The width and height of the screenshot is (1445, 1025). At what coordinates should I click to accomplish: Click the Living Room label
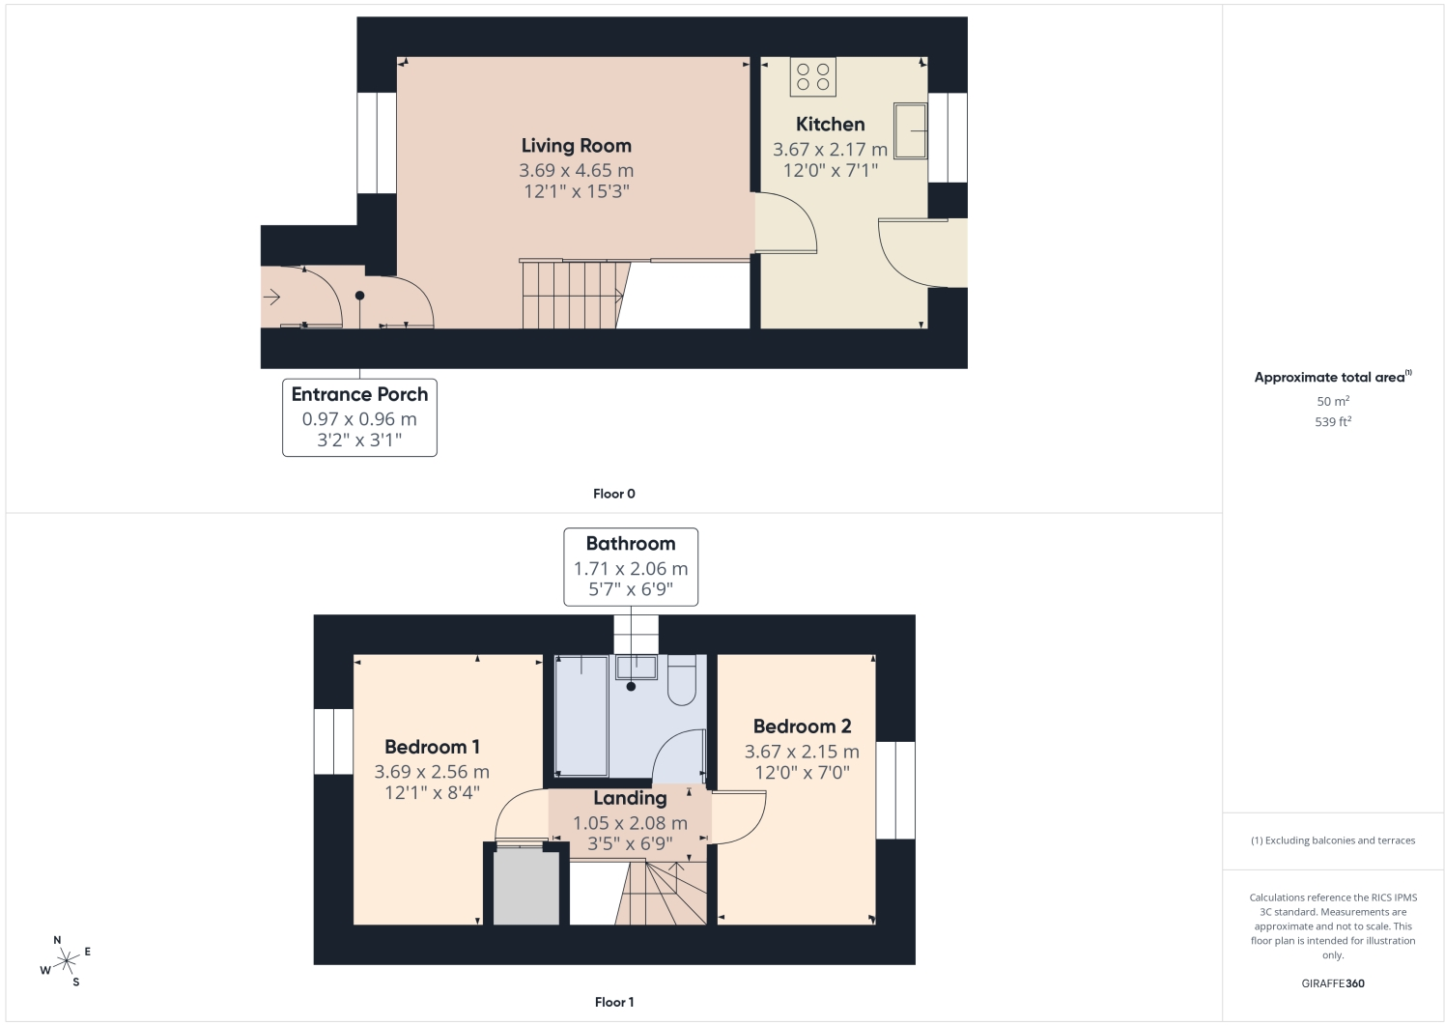[576, 146]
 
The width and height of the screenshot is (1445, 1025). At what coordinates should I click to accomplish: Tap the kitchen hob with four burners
[813, 76]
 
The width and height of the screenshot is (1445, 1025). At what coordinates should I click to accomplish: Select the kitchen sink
[910, 130]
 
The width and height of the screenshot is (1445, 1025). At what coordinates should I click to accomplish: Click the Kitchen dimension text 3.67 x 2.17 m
[831, 150]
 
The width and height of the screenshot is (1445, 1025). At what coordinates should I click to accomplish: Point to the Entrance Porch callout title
[359, 394]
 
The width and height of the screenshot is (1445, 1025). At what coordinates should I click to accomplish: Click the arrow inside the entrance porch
[271, 297]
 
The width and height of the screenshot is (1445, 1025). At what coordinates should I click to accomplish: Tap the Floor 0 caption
[614, 494]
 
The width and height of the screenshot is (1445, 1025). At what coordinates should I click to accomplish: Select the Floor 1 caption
[614, 1002]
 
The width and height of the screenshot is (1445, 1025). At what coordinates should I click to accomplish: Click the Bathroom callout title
[631, 544]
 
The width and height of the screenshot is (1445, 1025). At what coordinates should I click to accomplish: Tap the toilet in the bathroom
[682, 680]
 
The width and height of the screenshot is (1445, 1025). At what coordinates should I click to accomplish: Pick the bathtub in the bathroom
[581, 716]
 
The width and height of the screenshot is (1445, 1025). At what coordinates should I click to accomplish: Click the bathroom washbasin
[637, 668]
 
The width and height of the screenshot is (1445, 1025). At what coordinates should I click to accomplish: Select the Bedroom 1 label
[432, 747]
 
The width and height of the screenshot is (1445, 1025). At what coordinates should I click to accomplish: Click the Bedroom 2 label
[802, 726]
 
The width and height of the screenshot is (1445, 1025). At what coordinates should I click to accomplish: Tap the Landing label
[630, 799]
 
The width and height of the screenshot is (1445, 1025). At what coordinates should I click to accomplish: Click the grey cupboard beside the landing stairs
[526, 888]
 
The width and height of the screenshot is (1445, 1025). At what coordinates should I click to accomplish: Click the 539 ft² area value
[1333, 422]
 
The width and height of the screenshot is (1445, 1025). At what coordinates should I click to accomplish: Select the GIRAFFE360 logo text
[1333, 983]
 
